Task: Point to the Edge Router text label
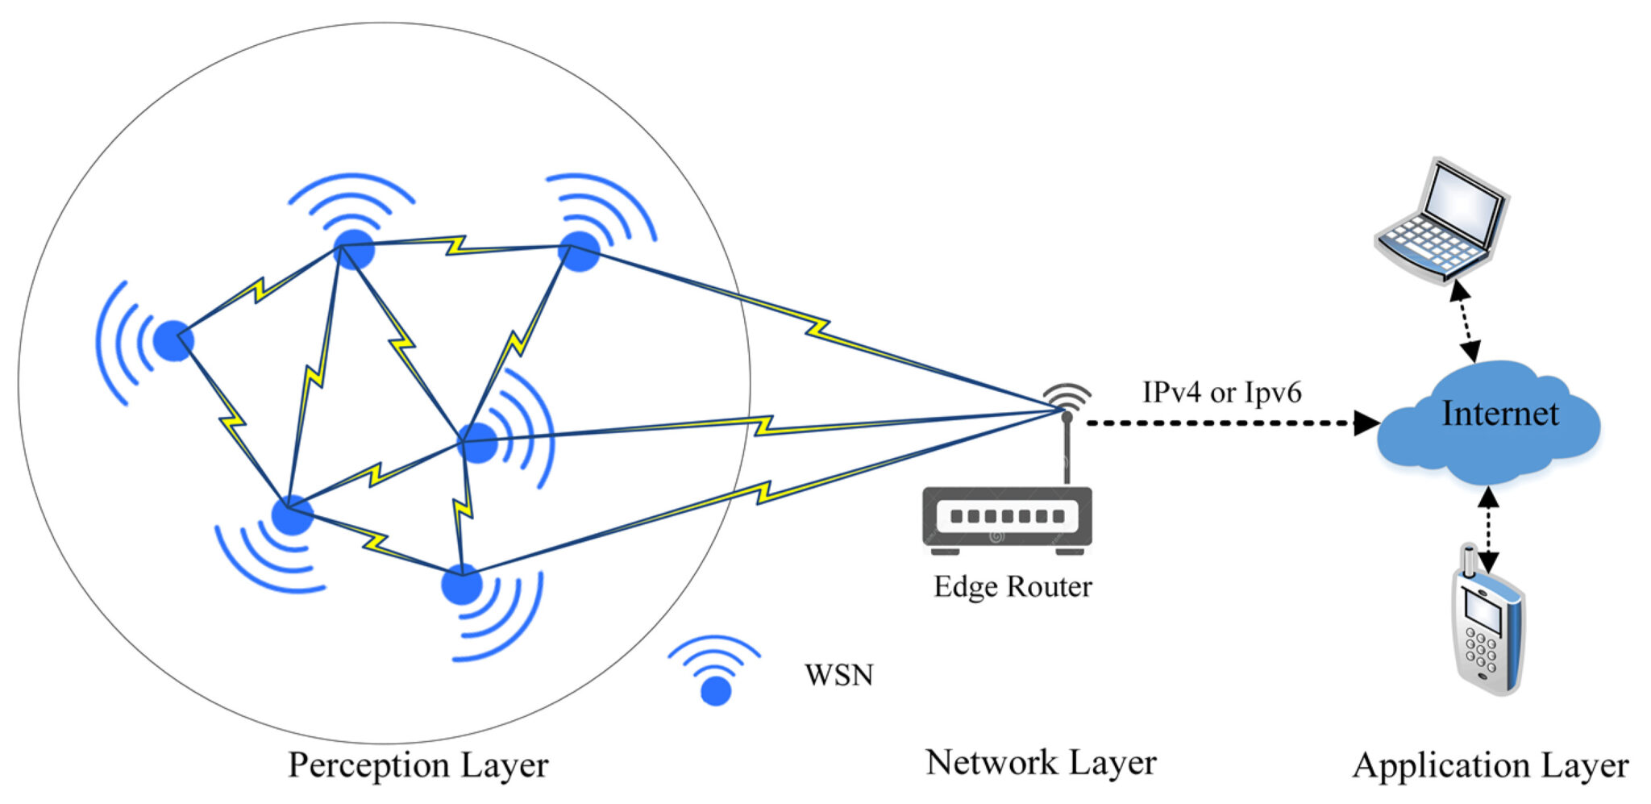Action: (1013, 586)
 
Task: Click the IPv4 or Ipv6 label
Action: (1221, 393)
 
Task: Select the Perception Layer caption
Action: (418, 764)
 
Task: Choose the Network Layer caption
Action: (1041, 762)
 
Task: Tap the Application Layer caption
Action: (1490, 765)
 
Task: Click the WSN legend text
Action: (838, 674)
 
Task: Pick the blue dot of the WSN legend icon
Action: (716, 691)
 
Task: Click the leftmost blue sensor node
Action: (173, 340)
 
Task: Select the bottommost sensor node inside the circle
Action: (462, 585)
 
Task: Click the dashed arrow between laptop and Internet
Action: (1465, 321)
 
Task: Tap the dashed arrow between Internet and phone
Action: (1488, 528)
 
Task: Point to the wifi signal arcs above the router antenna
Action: (1067, 395)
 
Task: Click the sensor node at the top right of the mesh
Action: (580, 251)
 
